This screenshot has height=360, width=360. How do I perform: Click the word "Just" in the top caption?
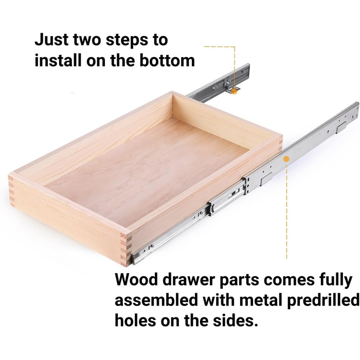point(51,40)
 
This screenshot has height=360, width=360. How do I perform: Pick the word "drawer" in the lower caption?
point(189,279)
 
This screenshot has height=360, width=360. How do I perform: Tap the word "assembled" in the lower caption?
point(156,300)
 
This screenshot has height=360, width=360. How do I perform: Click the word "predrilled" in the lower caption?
point(323,300)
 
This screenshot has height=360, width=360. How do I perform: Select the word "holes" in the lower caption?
point(135,320)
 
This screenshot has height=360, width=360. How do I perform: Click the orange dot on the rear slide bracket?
point(234,92)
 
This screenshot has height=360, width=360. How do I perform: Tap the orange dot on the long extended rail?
point(286,159)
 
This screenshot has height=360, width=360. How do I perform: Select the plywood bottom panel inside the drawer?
point(147,174)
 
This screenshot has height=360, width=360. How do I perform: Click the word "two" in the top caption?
point(87,40)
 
